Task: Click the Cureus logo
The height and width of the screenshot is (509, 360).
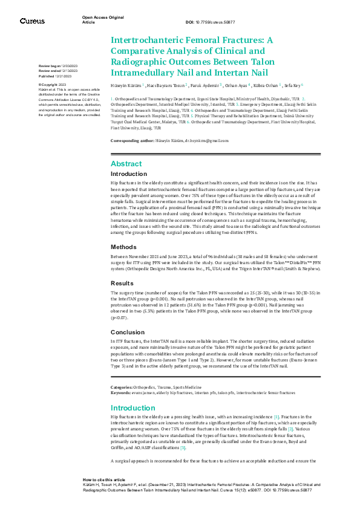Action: (x=32, y=21)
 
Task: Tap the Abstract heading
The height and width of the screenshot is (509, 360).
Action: (x=126, y=164)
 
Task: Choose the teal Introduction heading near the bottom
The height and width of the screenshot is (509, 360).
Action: (x=133, y=407)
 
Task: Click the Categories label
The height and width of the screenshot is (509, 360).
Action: (x=123, y=387)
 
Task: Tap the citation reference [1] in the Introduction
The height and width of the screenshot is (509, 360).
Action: (x=277, y=417)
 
